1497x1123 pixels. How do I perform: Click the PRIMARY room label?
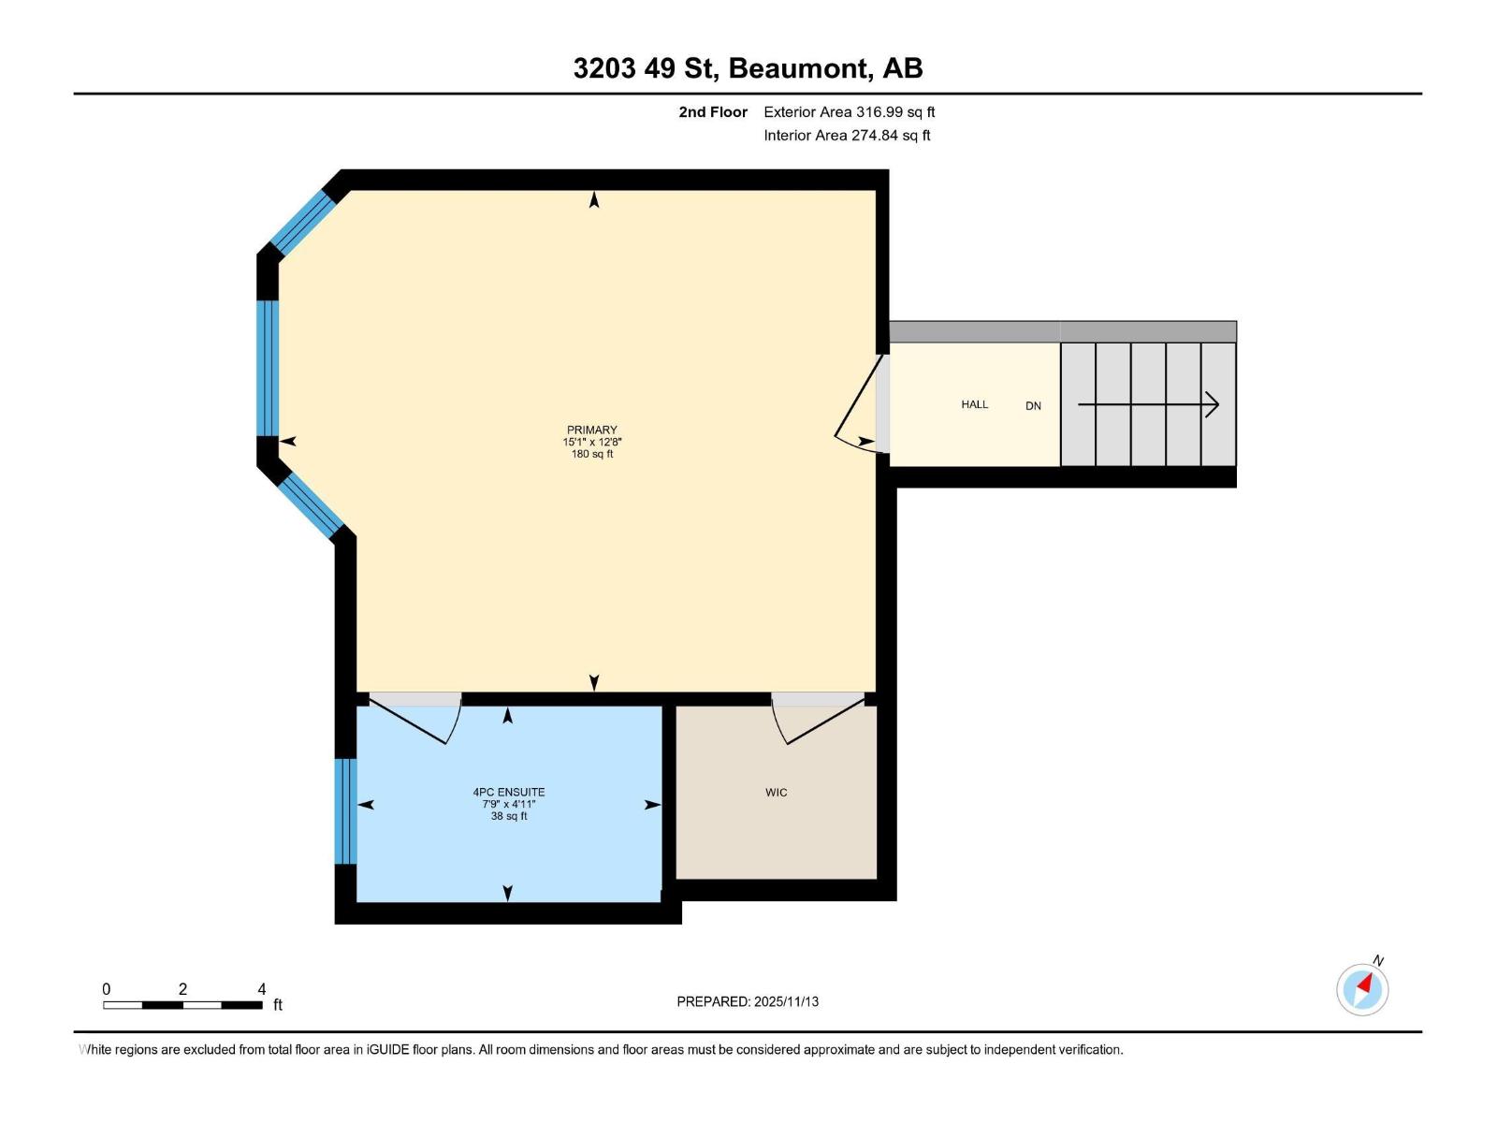pos(591,430)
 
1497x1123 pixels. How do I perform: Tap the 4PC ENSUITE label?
pos(508,792)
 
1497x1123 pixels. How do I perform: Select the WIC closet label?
pos(776,793)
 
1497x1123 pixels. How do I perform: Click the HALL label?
pos(974,404)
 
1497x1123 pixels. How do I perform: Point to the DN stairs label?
pos(1033,405)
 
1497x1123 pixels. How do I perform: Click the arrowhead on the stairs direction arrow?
pos(1214,404)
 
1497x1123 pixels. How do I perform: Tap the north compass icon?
pos(1362,988)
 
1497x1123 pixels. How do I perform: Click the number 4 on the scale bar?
pos(262,988)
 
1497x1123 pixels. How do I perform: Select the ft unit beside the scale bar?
pos(278,1005)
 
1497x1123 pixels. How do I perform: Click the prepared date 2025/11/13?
pos(786,1001)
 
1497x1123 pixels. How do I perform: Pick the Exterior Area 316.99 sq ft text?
pos(849,111)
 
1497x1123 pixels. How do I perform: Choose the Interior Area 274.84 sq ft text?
pos(847,135)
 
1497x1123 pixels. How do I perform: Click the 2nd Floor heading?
pos(713,111)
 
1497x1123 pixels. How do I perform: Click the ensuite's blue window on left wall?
pos(345,810)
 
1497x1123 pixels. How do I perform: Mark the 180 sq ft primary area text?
pos(591,454)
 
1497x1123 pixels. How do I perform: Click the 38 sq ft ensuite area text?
pos(508,816)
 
